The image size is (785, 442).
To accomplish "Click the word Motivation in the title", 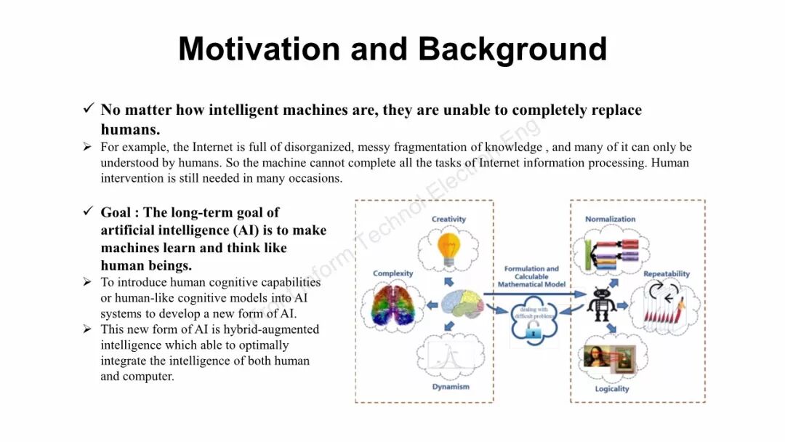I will pyautogui.click(x=259, y=49).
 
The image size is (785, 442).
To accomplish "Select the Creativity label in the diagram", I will pyautogui.click(x=448, y=219).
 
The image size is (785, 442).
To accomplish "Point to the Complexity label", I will pyautogui.click(x=392, y=273).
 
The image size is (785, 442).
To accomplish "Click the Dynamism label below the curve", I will pyautogui.click(x=451, y=387).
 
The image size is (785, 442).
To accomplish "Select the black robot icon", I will pyautogui.click(x=602, y=303).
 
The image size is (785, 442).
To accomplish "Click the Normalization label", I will pyautogui.click(x=611, y=219).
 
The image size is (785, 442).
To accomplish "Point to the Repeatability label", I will pyautogui.click(x=667, y=274).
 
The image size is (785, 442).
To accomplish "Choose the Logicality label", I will pyautogui.click(x=611, y=389).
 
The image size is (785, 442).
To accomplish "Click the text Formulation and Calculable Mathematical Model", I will pyautogui.click(x=531, y=276).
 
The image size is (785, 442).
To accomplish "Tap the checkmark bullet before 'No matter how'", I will pyautogui.click(x=88, y=109).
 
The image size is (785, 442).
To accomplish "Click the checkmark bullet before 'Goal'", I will pyautogui.click(x=88, y=212).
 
